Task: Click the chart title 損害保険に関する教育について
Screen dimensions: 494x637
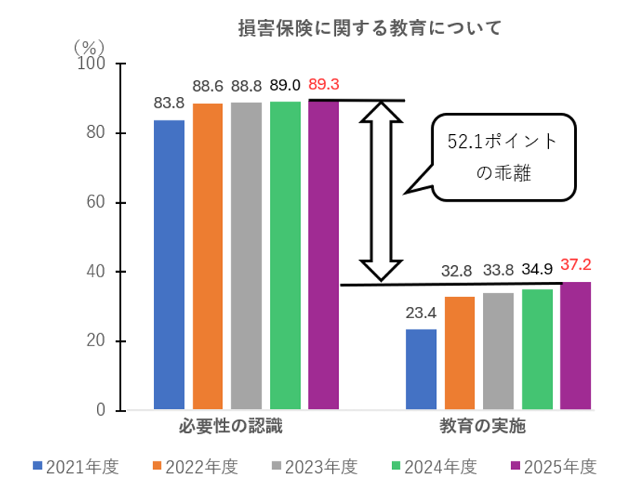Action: (370, 29)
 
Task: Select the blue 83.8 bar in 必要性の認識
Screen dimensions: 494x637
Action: (169, 265)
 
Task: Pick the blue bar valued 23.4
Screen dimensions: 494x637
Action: (421, 370)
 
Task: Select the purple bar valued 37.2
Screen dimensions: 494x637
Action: (576, 346)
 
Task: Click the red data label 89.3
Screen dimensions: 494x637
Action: (324, 85)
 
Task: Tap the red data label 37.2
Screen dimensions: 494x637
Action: (576, 265)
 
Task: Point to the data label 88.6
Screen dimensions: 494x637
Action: (207, 86)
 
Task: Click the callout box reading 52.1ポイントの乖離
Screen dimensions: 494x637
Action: (504, 157)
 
